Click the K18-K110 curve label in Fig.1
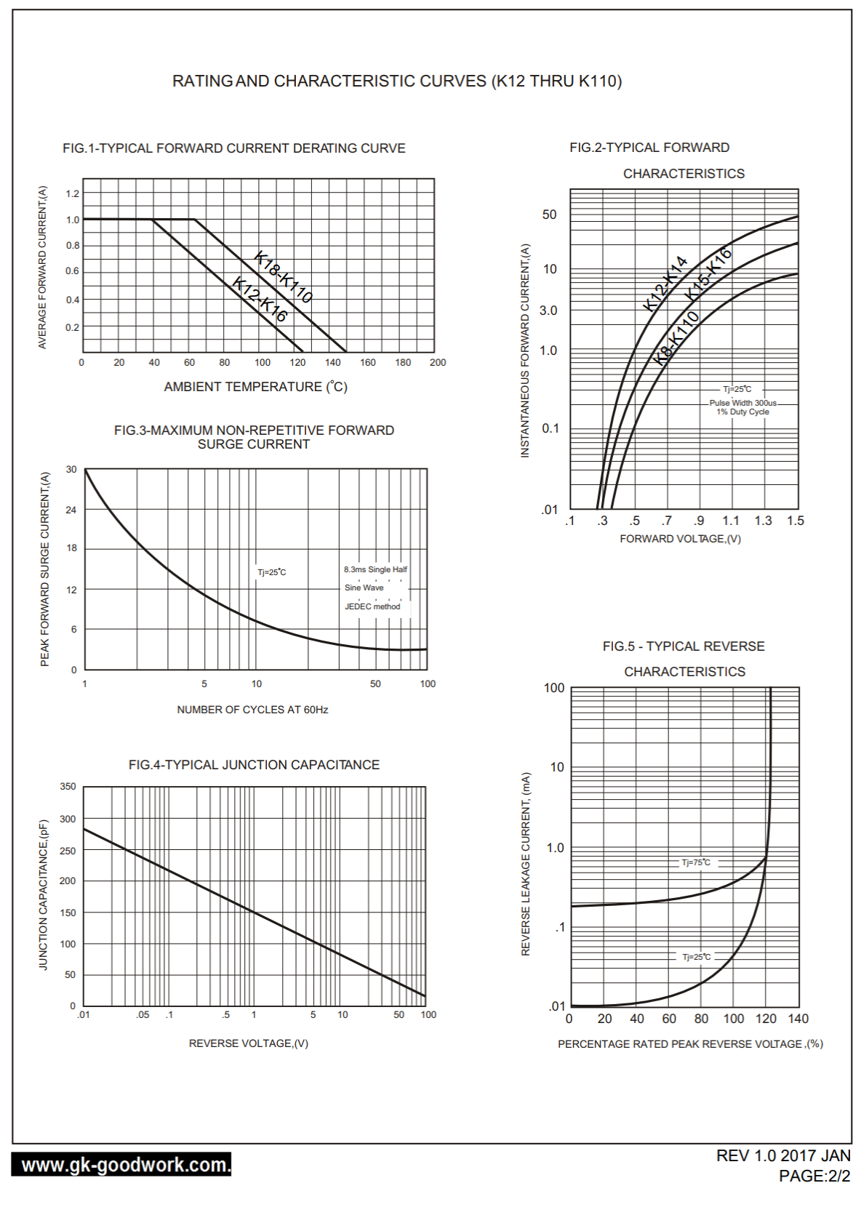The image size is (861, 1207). (x=284, y=276)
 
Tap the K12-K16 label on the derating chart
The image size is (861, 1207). (x=260, y=299)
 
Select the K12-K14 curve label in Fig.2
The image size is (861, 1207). (x=665, y=283)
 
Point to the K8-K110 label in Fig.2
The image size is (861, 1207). (x=676, y=337)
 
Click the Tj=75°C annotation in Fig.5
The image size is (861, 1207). (x=696, y=862)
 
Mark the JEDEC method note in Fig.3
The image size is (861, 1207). (x=372, y=606)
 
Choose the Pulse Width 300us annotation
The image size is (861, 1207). (x=743, y=403)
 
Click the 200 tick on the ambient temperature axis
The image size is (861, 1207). (x=438, y=362)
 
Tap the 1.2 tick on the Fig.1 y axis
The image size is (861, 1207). (x=73, y=193)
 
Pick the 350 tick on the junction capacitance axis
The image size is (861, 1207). (x=68, y=787)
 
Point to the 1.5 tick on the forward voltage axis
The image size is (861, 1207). (x=796, y=521)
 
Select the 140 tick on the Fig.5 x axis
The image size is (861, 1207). (x=798, y=1019)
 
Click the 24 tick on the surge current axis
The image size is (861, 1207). (x=71, y=510)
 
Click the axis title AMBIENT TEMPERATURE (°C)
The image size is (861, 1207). (x=255, y=387)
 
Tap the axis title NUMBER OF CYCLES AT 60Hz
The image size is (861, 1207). (x=252, y=710)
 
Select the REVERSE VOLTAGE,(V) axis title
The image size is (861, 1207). (x=249, y=1043)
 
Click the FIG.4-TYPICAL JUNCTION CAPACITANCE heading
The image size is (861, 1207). (x=254, y=765)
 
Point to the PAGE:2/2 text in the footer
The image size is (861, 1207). (x=814, y=1176)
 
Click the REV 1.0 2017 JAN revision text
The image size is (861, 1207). (x=783, y=1156)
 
